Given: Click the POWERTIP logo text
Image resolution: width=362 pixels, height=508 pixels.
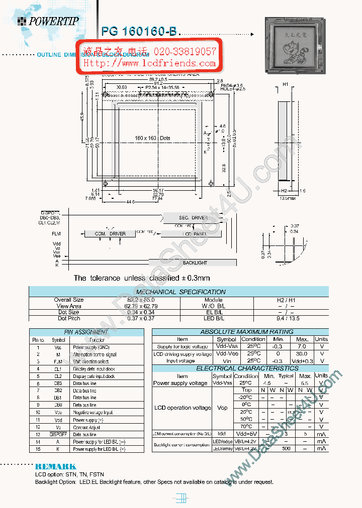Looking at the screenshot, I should [53, 21].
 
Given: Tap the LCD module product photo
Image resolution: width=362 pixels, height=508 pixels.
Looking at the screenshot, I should [295, 46].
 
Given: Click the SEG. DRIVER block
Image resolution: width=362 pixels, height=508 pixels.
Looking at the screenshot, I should [193, 217].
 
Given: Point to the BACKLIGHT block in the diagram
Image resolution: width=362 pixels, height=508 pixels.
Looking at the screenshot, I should [195, 263].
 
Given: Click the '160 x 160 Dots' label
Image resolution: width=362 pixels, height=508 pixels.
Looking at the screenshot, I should [152, 138].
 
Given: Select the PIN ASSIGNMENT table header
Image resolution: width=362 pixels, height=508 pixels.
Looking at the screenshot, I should [86, 332].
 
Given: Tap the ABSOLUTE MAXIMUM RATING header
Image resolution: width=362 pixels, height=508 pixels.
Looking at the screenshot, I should [240, 332].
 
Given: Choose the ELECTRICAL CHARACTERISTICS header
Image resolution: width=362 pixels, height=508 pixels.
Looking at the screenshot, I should [240, 368].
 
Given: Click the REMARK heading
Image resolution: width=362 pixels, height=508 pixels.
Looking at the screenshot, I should [55, 466].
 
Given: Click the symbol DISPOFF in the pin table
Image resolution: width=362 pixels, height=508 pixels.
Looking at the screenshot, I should [58, 435].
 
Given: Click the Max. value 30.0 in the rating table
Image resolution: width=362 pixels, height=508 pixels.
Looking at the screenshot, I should [302, 353].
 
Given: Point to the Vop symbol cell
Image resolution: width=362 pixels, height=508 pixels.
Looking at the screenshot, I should [222, 408].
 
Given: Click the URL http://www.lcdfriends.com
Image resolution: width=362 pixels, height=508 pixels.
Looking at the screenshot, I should [149, 63].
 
